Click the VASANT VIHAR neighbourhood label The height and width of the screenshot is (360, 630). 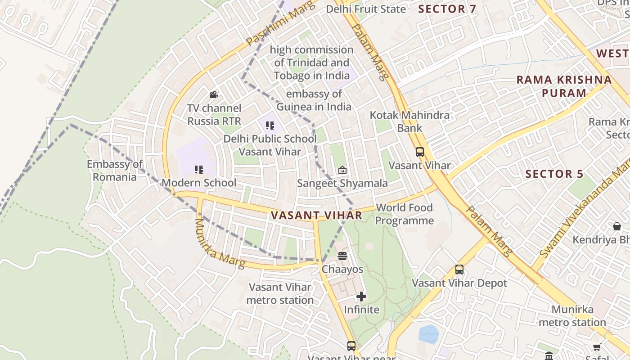point(316,215)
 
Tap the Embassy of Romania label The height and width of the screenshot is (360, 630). point(114,171)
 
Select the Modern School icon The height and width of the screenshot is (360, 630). point(198,170)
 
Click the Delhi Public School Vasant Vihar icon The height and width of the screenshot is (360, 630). point(270,126)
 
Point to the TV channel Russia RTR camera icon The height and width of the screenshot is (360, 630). point(214,94)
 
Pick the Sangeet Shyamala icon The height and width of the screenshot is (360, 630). point(342,170)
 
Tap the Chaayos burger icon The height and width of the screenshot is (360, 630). point(342,256)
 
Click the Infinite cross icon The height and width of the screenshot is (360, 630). point(361,297)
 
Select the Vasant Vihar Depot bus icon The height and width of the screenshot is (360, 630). point(459,270)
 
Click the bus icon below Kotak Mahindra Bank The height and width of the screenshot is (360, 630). point(419,152)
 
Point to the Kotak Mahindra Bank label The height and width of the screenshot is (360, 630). point(409,121)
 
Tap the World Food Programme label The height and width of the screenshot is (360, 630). point(404,214)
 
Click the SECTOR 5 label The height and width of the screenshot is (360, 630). point(554,174)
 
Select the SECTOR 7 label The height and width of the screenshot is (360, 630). point(447,9)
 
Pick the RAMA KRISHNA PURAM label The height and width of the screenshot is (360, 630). point(564,86)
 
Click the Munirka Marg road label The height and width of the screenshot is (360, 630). point(219,243)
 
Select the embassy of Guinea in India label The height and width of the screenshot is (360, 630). point(314,100)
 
